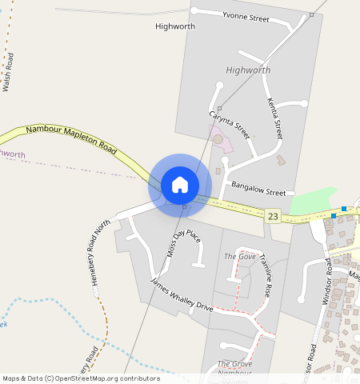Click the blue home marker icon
180,185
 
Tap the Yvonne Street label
246,18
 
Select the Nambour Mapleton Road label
71,138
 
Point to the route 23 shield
274,216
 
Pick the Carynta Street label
230,125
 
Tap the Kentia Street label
274,118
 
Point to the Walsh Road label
9,72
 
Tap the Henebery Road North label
100,255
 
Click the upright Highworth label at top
174,26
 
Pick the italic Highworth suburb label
248,70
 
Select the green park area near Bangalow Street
314,201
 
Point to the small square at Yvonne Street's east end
311,15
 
